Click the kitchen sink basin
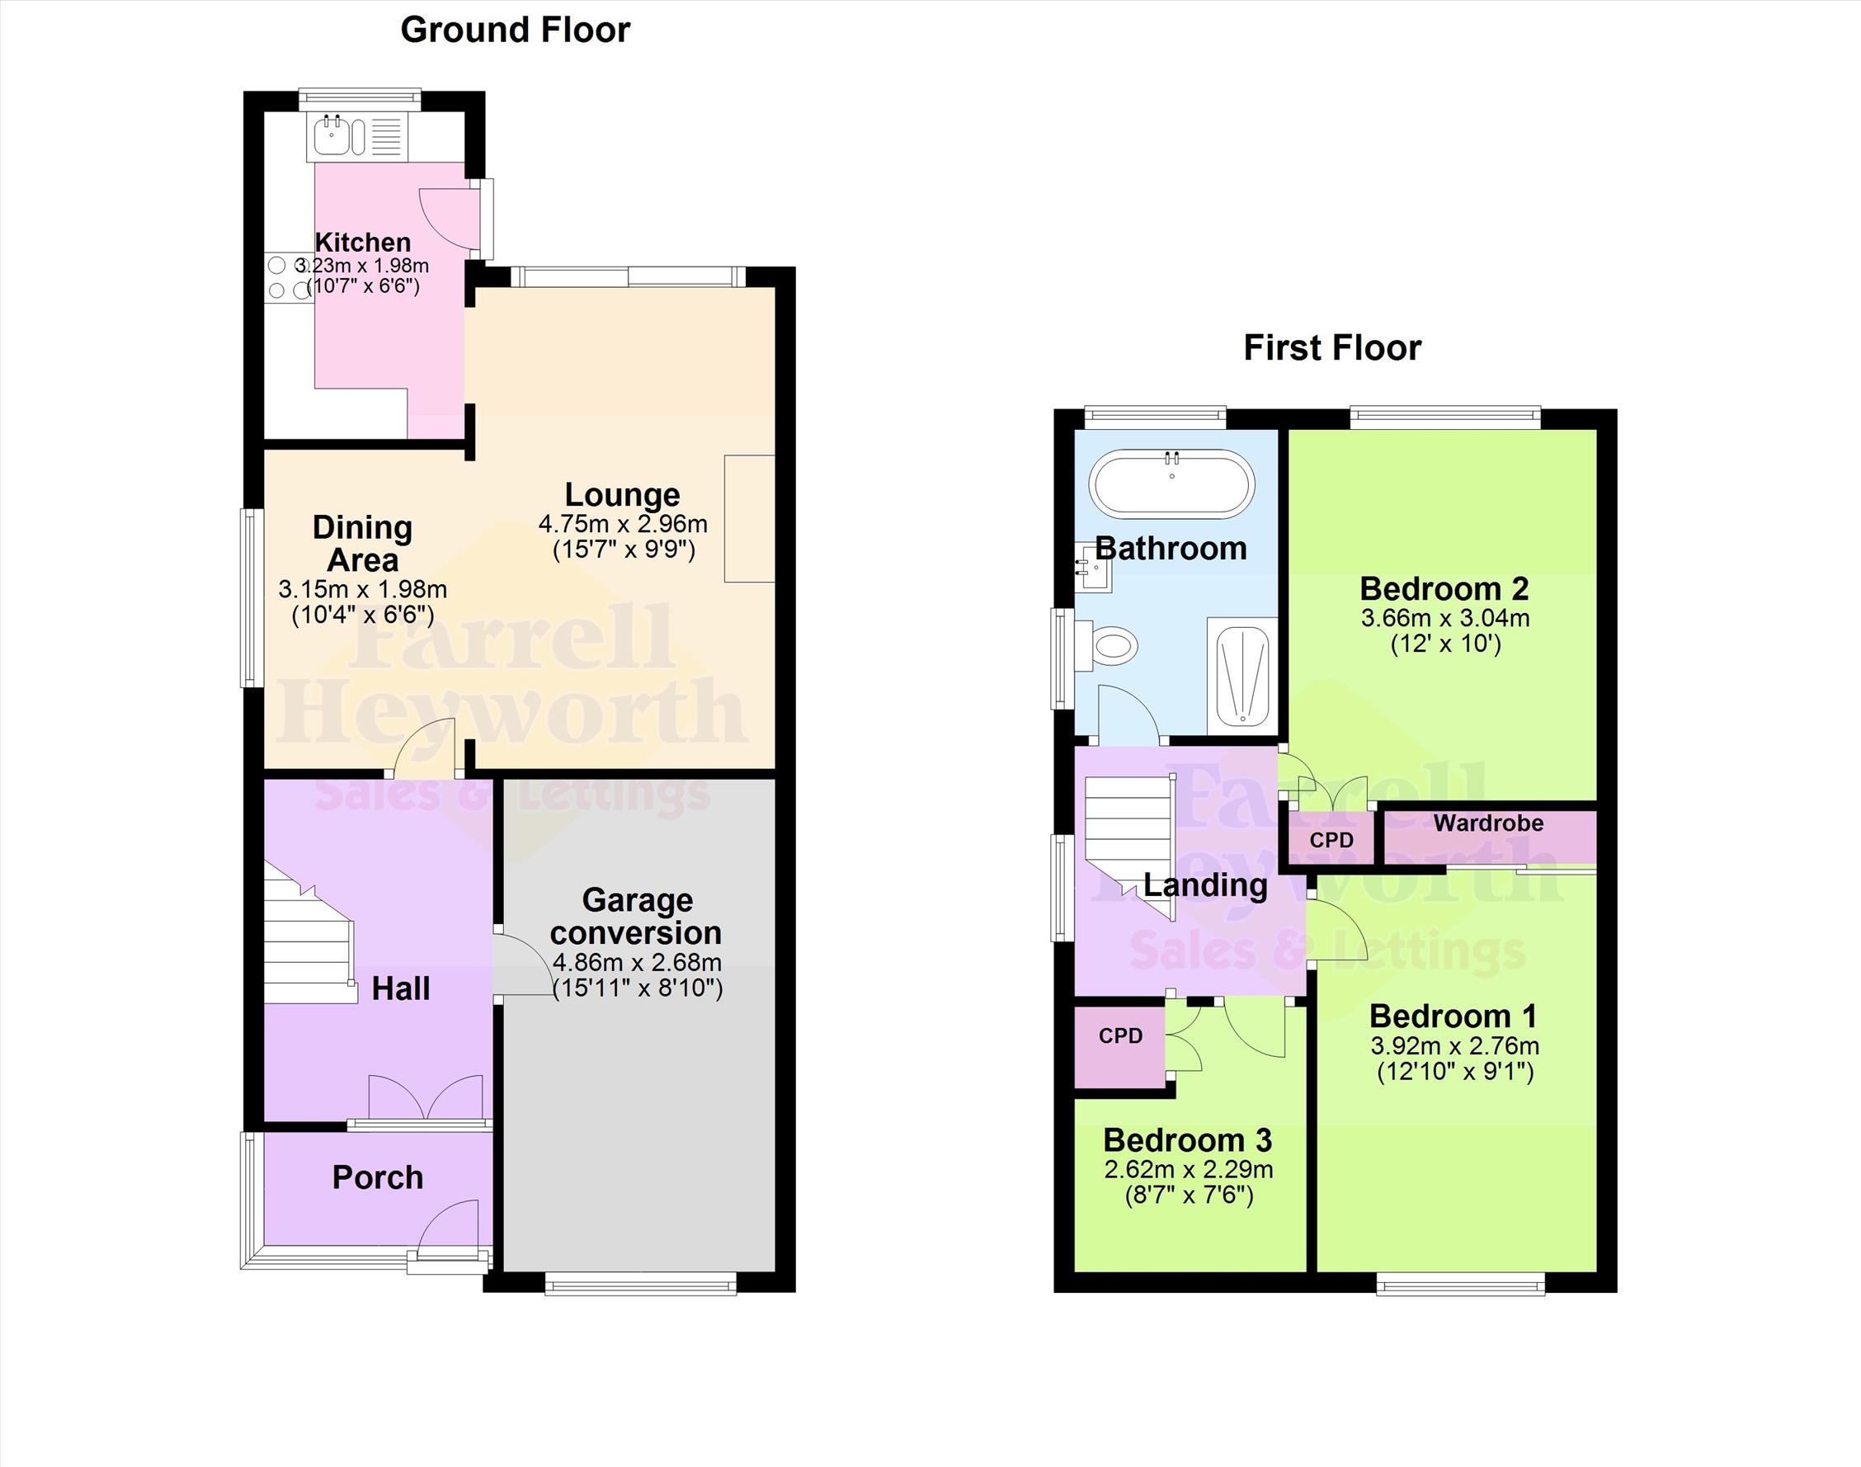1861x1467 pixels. click(x=331, y=137)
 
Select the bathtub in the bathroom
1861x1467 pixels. click(x=1171, y=483)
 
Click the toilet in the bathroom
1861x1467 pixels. click(x=1108, y=644)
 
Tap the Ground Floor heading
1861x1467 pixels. click(x=516, y=30)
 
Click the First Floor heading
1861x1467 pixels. click(x=1332, y=348)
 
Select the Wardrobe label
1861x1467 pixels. click(x=1488, y=823)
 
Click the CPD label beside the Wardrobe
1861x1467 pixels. click(x=1331, y=840)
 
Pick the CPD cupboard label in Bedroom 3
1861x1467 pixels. click(x=1121, y=1035)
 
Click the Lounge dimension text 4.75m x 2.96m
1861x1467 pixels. click(x=623, y=523)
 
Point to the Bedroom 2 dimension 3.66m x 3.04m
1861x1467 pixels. click(x=1445, y=617)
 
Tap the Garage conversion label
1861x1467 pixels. click(x=636, y=916)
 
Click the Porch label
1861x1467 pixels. click(x=378, y=1177)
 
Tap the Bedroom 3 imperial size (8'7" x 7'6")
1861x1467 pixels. click(x=1189, y=1195)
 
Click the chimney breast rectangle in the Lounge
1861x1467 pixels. click(x=750, y=519)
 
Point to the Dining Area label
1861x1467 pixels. click(x=362, y=544)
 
